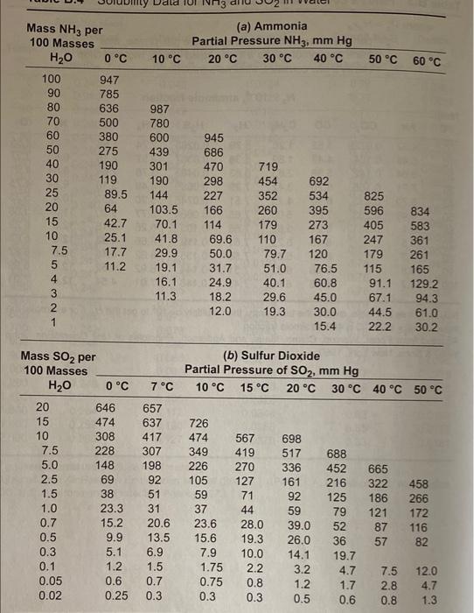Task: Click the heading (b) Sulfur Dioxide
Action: point(271,356)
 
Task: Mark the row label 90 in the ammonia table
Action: point(52,94)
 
